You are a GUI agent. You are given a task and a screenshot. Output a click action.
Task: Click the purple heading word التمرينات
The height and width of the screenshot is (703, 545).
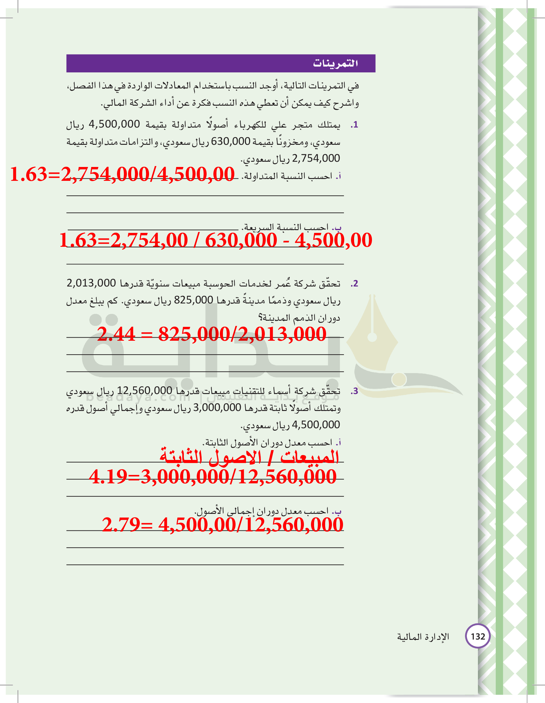point(335,63)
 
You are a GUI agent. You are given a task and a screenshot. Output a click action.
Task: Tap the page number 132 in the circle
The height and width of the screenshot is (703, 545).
point(478,636)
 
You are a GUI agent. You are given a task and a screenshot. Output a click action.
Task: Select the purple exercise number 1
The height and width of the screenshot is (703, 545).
point(354,125)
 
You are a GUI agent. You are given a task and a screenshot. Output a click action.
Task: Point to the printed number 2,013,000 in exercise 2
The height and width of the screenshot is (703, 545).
point(91,283)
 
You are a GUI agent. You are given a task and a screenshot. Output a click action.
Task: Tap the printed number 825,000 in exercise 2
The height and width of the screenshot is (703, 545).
point(193,300)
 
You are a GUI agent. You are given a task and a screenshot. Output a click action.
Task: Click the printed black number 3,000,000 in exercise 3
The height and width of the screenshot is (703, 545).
point(217,408)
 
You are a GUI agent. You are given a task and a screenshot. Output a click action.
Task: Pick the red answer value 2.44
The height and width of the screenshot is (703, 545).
point(116,334)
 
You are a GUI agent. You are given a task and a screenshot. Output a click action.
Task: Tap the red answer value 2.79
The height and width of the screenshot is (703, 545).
point(121,524)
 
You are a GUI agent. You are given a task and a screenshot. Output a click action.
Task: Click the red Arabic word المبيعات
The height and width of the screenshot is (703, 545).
point(309,457)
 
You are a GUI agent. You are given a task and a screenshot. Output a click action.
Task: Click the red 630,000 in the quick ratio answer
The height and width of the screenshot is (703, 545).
point(241,240)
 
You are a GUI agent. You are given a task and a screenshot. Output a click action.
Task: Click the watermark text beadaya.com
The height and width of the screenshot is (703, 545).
point(138,397)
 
